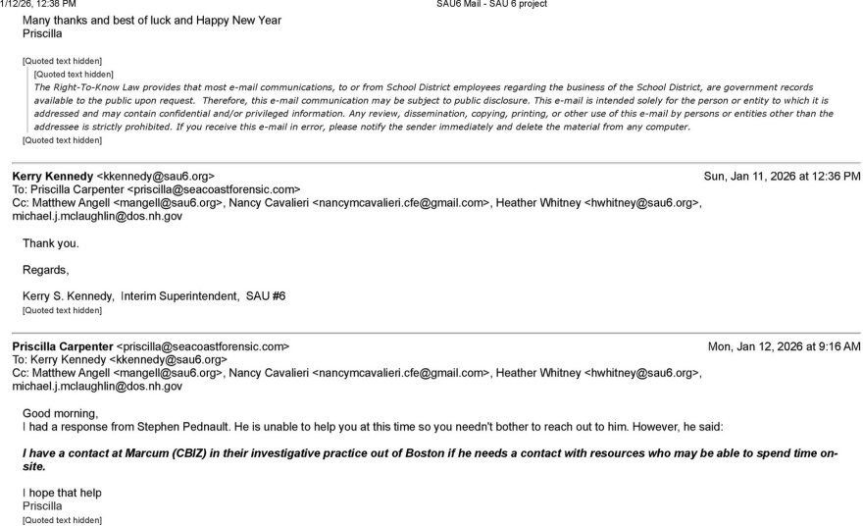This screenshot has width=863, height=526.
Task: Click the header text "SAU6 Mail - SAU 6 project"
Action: tap(491, 4)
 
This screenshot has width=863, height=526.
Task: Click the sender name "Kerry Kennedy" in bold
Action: tap(52, 177)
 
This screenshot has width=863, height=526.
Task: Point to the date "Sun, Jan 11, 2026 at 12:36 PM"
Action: tap(782, 177)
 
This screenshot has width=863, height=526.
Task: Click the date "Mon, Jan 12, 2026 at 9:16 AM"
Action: tap(785, 346)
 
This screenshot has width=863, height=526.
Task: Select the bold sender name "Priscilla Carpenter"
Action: tap(62, 346)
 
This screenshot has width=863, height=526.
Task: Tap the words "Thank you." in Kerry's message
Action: tap(51, 243)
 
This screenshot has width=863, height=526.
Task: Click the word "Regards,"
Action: tap(46, 269)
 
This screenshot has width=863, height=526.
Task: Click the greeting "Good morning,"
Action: tap(60, 413)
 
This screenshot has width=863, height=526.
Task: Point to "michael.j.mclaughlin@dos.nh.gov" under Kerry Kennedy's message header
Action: tap(97, 216)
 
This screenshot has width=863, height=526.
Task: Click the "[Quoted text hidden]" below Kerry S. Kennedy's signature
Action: tap(62, 310)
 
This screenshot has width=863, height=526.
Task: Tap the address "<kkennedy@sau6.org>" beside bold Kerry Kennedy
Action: tap(155, 177)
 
